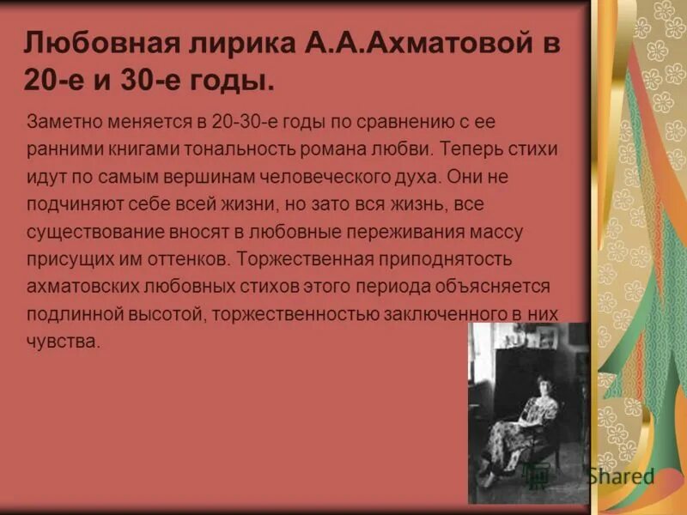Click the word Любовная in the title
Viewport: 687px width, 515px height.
(x=83, y=44)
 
